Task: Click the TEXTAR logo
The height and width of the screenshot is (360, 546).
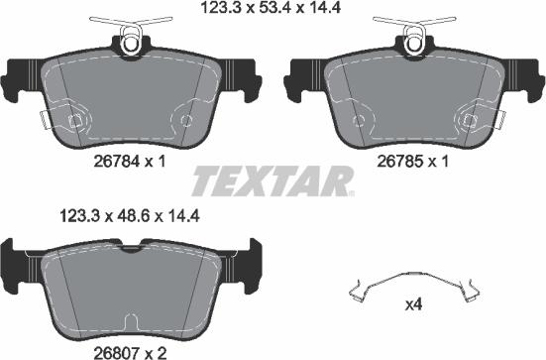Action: click(273, 181)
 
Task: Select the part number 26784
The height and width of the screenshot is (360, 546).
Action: click(117, 162)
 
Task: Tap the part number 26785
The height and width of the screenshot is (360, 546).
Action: click(400, 162)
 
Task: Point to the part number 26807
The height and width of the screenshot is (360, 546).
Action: click(117, 353)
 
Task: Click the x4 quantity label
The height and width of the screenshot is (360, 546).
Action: click(413, 305)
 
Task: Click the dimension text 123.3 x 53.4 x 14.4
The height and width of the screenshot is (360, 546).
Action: click(271, 8)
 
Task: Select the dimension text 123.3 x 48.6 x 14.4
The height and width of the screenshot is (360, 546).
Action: click(130, 216)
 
